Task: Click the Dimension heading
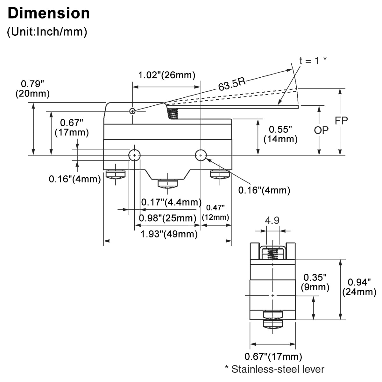point(48,14)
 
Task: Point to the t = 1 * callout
point(313,60)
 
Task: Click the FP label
point(341,120)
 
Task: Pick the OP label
point(321,130)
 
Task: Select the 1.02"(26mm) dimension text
point(166,75)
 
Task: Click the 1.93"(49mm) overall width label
point(169,234)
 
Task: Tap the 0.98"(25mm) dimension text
point(167,218)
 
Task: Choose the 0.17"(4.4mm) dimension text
point(171,202)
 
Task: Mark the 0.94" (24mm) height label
point(359,287)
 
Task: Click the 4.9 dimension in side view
point(272,221)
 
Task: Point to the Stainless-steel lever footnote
point(274,369)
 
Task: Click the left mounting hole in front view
point(135,155)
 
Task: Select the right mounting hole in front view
point(201,155)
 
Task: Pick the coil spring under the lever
point(172,113)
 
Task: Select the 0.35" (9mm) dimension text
point(315,282)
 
